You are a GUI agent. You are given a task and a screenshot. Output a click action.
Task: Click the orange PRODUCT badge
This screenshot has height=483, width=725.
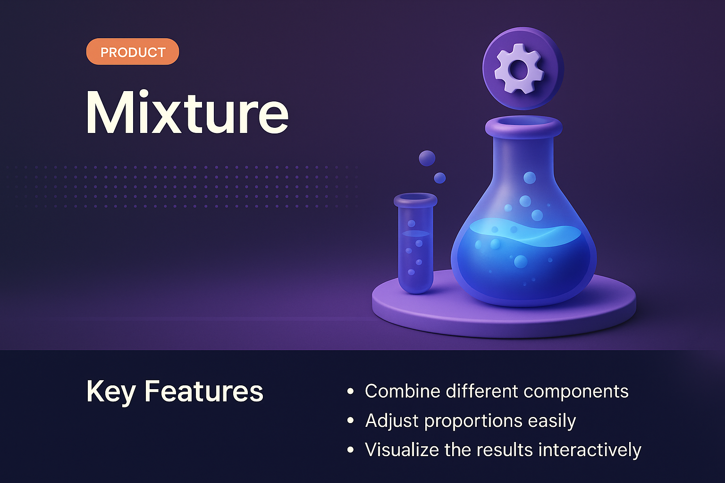133,52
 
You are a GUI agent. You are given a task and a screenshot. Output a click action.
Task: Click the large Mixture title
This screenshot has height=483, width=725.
187,113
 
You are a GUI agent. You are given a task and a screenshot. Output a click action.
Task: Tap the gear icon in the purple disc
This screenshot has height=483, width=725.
519,69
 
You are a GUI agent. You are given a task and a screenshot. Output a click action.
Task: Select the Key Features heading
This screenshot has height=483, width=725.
175,391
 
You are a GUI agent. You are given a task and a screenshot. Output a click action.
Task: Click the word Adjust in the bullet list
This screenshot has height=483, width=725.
392,421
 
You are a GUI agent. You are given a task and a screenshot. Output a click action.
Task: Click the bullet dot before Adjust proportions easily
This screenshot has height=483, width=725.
350,421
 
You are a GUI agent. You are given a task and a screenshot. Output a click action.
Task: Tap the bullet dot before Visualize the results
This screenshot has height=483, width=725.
350,450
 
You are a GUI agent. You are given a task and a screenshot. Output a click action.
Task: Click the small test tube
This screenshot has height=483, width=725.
415,245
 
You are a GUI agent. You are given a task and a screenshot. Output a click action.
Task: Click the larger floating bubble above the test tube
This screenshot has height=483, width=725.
427,158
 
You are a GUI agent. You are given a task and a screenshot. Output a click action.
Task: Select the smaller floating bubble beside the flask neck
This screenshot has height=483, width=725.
440,178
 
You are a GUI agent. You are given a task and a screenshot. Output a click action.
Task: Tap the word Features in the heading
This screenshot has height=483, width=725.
203,391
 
